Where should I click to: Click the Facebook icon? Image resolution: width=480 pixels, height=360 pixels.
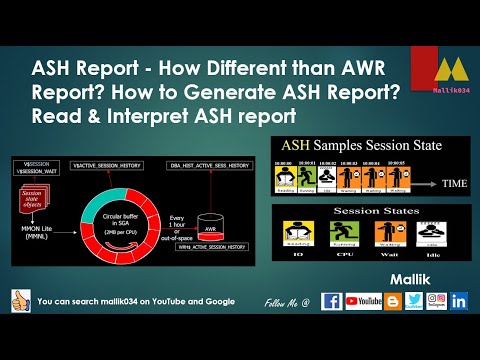(x=331, y=300)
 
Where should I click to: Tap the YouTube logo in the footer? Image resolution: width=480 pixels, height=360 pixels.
(x=364, y=300)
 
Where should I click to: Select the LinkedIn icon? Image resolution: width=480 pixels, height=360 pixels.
(x=460, y=300)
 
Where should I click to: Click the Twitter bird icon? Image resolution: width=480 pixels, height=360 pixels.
(x=414, y=300)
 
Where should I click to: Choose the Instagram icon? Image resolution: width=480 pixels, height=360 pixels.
(x=437, y=300)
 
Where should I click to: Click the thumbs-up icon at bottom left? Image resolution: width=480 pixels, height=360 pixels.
(x=18, y=301)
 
